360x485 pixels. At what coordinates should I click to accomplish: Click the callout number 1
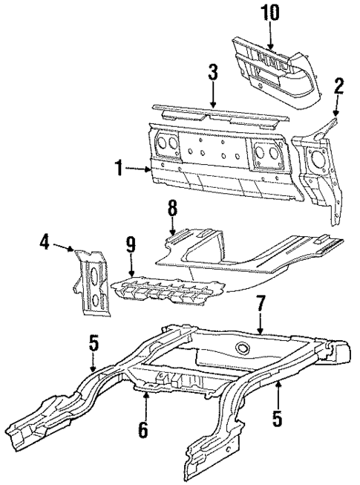coord(119,169)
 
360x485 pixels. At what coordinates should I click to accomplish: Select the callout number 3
coord(212,73)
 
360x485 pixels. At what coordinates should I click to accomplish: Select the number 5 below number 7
coord(277,418)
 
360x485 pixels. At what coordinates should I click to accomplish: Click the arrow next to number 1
coord(140,169)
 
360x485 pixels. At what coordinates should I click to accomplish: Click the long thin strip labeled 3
coord(213,114)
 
